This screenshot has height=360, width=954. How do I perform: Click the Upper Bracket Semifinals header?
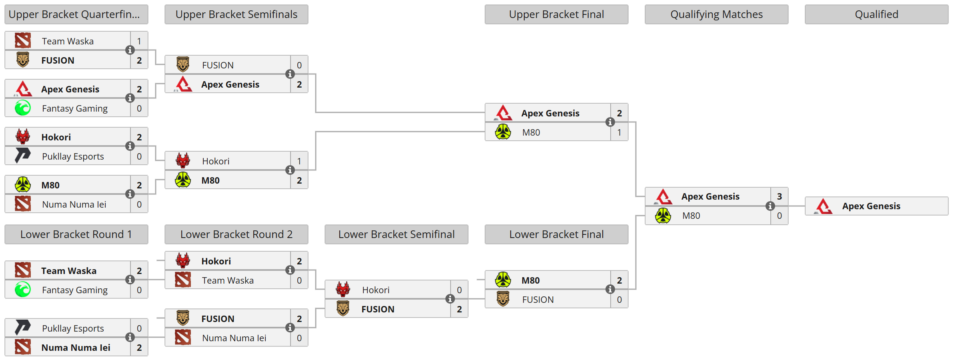[x=236, y=14]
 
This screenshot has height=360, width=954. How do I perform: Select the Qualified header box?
[x=876, y=14]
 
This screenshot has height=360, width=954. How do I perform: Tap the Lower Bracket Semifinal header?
[x=396, y=234]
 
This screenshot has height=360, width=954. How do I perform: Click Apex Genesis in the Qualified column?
[x=871, y=206]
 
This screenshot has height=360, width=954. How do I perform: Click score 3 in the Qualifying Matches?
[x=779, y=196]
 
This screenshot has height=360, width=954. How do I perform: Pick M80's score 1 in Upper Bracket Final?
[x=619, y=132]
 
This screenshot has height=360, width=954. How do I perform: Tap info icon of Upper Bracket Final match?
[x=610, y=122]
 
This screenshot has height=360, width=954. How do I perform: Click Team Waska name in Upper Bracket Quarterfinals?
[x=68, y=41]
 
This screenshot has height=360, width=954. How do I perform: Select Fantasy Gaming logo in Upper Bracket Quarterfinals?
[x=23, y=108]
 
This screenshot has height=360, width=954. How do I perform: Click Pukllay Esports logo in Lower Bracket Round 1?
[x=23, y=328]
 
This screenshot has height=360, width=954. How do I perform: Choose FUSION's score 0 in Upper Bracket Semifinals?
[x=299, y=65]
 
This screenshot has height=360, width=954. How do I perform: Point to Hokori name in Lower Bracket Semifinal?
[x=375, y=290]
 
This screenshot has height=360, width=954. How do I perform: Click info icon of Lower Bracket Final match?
[x=610, y=289]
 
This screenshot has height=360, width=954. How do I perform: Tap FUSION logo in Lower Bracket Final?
[x=503, y=299]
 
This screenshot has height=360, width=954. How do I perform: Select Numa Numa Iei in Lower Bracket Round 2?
[x=234, y=338]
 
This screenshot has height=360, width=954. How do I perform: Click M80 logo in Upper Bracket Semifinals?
[x=183, y=180]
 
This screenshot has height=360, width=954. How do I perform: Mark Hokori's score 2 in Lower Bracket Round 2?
[x=299, y=261]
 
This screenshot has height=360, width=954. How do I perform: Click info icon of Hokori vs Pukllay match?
[x=130, y=146]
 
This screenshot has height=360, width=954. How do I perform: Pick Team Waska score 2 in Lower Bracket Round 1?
[x=139, y=271]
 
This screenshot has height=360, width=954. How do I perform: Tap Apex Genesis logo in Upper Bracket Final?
[x=503, y=113]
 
